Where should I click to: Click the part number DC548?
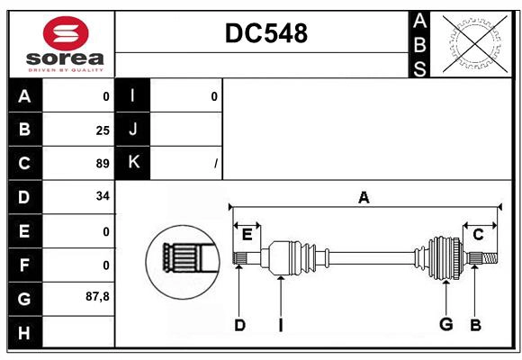[265, 33]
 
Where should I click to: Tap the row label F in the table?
[24, 265]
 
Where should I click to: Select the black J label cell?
[133, 130]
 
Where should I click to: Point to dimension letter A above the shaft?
[364, 198]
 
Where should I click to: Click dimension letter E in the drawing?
[247, 234]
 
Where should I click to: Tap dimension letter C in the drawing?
[479, 234]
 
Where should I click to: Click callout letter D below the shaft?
[239, 325]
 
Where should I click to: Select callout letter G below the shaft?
[445, 324]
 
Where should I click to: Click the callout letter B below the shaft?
[475, 325]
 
